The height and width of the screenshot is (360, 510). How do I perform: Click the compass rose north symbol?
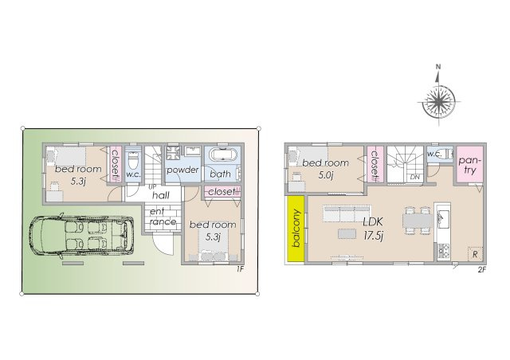pos(437,68)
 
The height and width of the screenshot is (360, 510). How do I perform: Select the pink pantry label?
pos(470,165)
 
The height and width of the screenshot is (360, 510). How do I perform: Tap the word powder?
pos(182,170)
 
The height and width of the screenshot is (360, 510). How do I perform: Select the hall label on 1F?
pos(160,195)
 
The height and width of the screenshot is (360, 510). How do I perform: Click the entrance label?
pos(159,216)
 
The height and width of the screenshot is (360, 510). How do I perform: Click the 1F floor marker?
pos(239,268)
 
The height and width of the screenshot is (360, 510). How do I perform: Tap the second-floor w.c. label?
pos(434,154)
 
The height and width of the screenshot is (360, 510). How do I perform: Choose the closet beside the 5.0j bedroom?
pos(374,164)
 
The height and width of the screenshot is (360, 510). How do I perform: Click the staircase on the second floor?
pos(405,164)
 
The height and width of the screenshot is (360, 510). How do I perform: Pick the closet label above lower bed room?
pos(222,191)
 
